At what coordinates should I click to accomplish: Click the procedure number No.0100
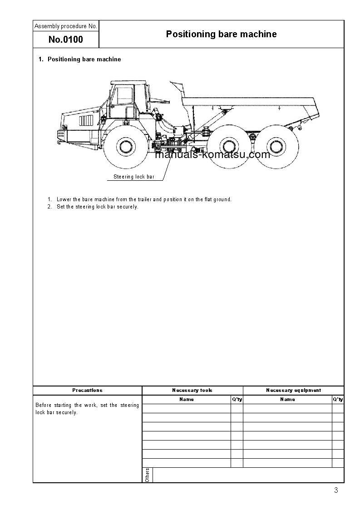click(x=66, y=40)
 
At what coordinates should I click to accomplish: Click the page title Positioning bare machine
click(x=221, y=34)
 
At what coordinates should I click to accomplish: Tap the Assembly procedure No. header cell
click(x=66, y=26)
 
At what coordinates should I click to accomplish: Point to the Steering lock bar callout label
click(x=134, y=177)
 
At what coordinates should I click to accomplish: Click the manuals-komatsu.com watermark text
click(x=212, y=154)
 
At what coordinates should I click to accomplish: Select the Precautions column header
click(x=88, y=390)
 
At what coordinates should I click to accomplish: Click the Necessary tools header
click(x=192, y=390)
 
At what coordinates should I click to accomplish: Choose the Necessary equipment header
click(x=293, y=390)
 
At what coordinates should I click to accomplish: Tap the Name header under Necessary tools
click(x=187, y=399)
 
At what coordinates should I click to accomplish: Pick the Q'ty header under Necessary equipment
click(x=338, y=399)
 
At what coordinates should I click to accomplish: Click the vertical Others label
click(x=147, y=475)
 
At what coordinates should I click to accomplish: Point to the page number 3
click(x=335, y=490)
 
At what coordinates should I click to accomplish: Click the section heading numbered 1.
click(x=80, y=59)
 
